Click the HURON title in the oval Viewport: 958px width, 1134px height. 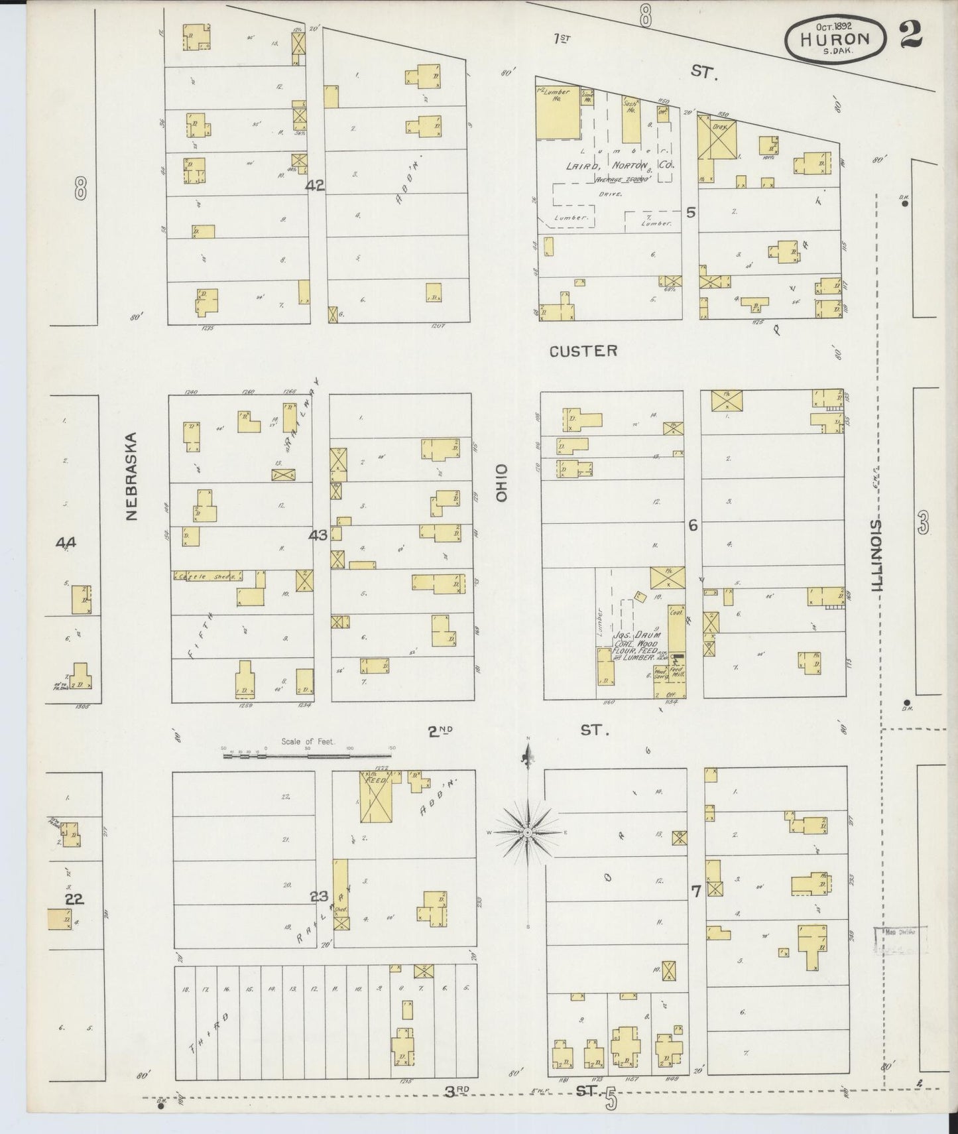coord(834,38)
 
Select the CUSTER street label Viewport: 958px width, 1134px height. coord(583,351)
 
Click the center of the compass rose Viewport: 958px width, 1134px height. coord(527,832)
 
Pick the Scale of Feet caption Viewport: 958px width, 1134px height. coord(308,742)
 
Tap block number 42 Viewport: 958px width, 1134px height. coord(315,186)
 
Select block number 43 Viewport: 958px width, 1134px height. coord(318,535)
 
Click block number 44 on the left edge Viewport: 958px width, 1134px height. coord(66,543)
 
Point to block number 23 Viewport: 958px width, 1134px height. coord(320,897)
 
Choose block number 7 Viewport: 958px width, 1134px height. coord(695,892)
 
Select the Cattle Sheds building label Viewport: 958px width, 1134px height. coord(206,576)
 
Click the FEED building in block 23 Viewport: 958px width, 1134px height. coord(377,781)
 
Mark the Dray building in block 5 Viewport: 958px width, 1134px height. coord(721,126)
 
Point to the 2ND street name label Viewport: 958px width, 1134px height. coord(440,731)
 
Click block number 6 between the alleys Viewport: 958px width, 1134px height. coord(693,525)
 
